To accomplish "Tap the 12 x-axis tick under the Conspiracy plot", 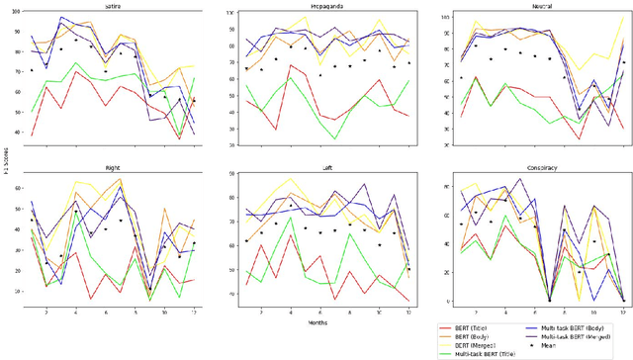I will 621,310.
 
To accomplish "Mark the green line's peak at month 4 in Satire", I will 74,64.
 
